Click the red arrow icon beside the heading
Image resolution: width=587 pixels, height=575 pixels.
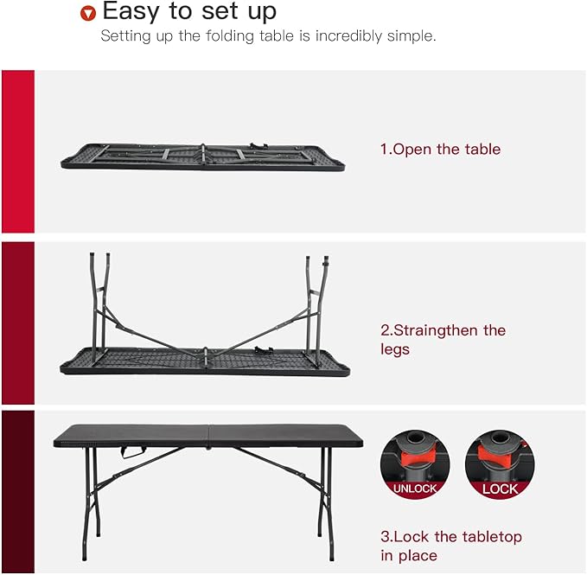pos(86,14)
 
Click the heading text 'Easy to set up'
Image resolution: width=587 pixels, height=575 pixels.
pos(189,12)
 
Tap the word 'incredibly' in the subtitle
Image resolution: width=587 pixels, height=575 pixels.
pos(335,36)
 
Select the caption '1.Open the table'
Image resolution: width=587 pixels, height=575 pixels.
pos(440,150)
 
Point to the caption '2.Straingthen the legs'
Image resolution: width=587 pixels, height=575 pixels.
pos(443,340)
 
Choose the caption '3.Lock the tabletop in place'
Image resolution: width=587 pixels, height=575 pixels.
pos(450,546)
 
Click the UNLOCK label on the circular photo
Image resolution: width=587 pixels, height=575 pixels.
pos(414,489)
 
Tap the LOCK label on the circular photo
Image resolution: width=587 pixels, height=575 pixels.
pos(500,489)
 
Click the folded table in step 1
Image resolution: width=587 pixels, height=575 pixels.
pos(203,157)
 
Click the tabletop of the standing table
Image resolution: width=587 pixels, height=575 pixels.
pos(208,434)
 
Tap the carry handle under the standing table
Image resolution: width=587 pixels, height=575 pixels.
pos(131,452)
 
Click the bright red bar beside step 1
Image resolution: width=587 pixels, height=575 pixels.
pos(17,151)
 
